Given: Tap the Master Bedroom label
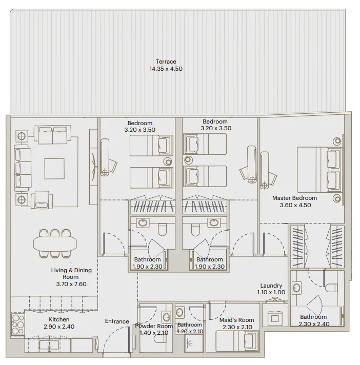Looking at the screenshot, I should tap(294, 198).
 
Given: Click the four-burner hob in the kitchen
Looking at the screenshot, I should tap(17, 324).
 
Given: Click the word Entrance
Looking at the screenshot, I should tap(117, 321).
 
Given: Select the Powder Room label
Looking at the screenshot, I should tap(154, 326).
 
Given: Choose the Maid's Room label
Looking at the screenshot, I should tap(236, 320).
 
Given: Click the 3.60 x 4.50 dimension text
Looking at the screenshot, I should tap(294, 205).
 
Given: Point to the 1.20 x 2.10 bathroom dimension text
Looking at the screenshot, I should tap(190, 332).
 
